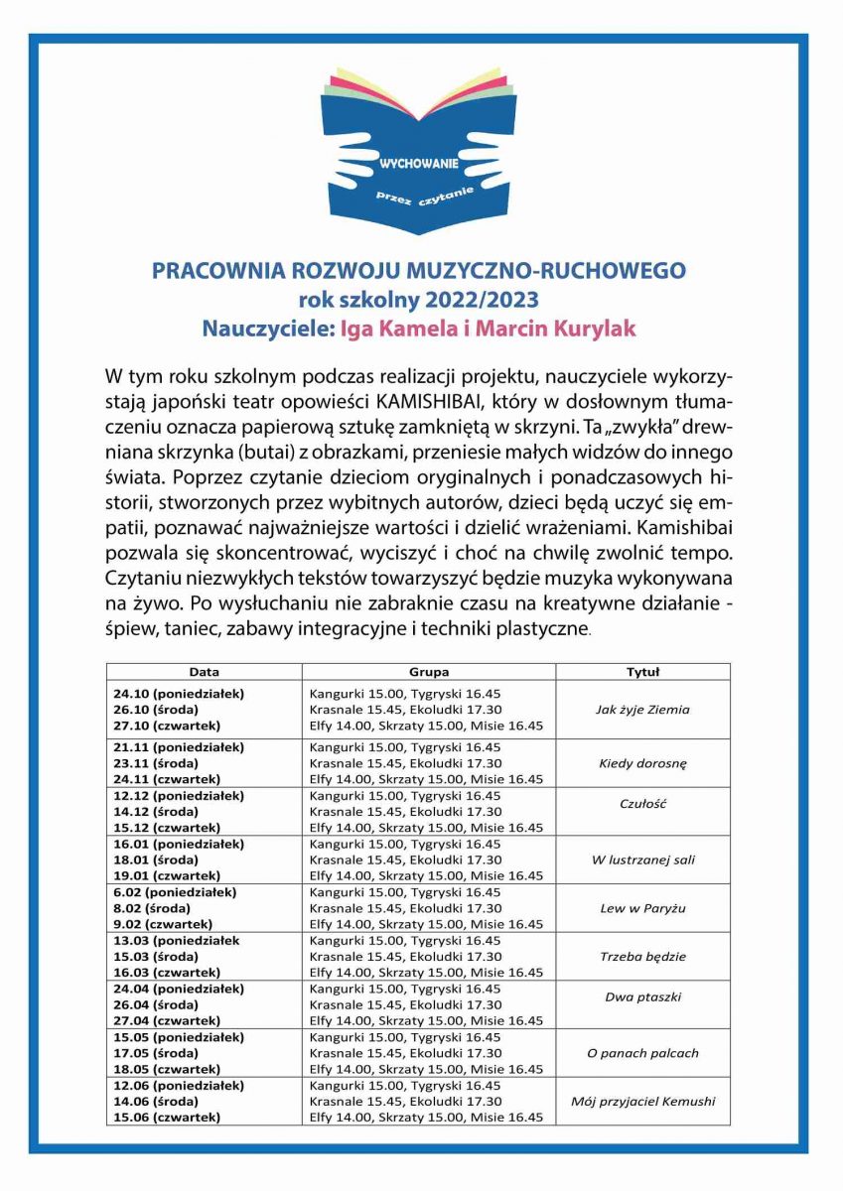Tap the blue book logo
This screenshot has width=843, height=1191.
pyautogui.click(x=421, y=149)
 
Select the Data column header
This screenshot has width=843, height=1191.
pyautogui.click(x=205, y=672)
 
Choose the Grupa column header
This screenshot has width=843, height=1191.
pyautogui.click(x=429, y=672)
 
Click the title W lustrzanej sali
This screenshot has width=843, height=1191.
pyautogui.click(x=642, y=860)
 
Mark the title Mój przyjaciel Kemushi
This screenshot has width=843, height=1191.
pyautogui.click(x=642, y=1101)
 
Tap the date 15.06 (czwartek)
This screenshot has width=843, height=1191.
pyautogui.click(x=167, y=1118)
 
